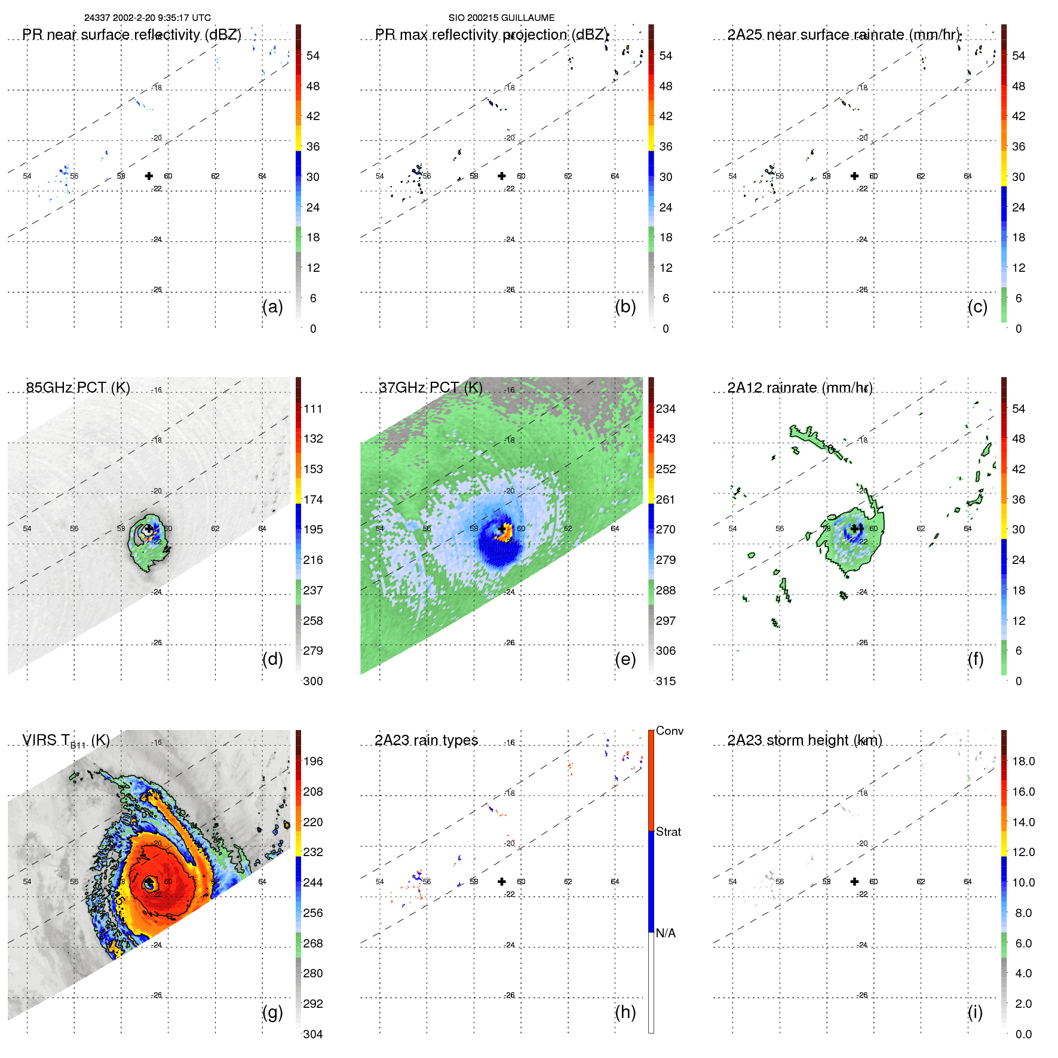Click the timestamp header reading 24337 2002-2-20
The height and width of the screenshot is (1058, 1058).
(147, 18)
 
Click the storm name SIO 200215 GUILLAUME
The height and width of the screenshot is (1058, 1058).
(501, 18)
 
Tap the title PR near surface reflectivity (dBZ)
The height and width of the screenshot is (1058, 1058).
(131, 35)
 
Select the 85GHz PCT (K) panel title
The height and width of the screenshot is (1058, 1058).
(78, 388)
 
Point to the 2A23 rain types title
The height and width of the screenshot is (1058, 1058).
(426, 740)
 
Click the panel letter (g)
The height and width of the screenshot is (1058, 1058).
(272, 1012)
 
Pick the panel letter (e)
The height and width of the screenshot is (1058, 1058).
(625, 659)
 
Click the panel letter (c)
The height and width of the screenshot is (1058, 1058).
(977, 306)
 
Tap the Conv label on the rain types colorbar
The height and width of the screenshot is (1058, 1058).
(669, 731)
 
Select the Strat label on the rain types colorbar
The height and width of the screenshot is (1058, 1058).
(668, 832)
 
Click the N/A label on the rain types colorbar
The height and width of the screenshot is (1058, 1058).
(666, 933)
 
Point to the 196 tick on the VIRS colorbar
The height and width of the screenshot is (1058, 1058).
(312, 761)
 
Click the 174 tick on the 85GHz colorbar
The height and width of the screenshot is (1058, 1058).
(312, 499)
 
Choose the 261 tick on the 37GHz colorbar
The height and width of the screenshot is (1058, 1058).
(666, 499)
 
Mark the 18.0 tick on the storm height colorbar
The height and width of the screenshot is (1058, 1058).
(1023, 761)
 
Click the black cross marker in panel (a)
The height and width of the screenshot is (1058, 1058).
(149, 176)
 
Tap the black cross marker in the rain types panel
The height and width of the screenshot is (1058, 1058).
(502, 881)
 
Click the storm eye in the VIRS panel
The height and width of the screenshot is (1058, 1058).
(149, 882)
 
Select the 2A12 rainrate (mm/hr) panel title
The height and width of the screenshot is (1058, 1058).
(800, 388)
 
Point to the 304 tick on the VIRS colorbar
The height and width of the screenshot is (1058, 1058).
(312, 1034)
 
